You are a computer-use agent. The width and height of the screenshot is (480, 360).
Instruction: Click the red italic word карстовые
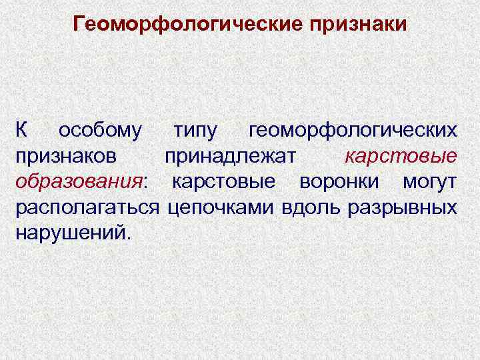point(401,157)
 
